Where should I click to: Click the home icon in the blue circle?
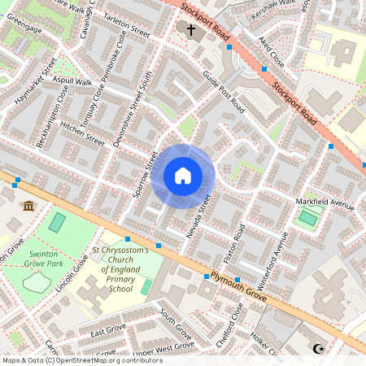pos(183,175)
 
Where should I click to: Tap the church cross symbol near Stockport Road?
pos(191,31)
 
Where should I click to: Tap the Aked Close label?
pos(271,51)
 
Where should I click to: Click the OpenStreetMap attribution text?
pos(81,359)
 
